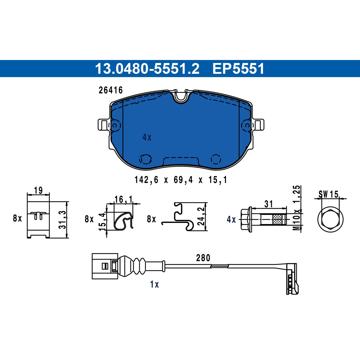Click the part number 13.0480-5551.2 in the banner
click(147, 69)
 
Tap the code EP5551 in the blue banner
click(238, 69)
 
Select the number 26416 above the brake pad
click(111, 90)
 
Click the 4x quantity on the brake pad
click(147, 138)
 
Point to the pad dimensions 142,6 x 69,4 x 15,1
click(181, 180)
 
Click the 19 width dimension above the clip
click(38, 190)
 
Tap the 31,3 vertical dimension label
click(63, 220)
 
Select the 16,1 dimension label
click(123, 199)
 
